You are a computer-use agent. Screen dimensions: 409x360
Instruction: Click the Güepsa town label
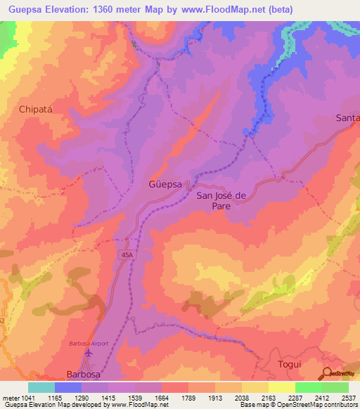[165, 185]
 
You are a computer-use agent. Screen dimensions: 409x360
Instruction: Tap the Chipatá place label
[36, 110]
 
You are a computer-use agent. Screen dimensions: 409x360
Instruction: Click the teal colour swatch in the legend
[41, 387]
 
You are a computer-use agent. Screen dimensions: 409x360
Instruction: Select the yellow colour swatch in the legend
[282, 387]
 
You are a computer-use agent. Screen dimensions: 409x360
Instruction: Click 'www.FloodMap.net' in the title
[221, 10]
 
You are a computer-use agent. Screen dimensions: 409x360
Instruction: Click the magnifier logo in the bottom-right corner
[328, 373]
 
